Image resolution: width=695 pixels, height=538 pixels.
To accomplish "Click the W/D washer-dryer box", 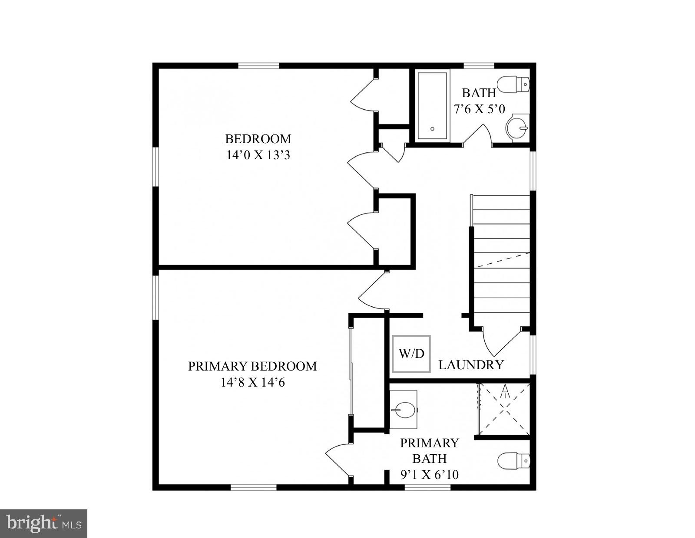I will coord(411,354).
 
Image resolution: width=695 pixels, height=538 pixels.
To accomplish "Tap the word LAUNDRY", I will coord(471,365).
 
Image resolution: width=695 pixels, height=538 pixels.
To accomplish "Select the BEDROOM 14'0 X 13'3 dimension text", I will coord(258,155).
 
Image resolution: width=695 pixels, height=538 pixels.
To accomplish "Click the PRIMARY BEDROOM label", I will coord(252,366).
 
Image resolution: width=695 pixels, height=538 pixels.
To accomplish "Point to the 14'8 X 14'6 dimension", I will coord(253,383).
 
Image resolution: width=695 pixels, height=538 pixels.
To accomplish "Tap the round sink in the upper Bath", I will coord(517,128).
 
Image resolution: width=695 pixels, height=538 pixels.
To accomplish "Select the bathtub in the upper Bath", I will coord(432,106).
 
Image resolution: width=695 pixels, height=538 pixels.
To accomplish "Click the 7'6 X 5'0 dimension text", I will coord(479,109).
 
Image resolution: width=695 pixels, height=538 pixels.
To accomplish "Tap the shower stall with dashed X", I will coord(504,409).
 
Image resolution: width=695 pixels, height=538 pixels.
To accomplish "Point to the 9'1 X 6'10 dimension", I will coord(429,475).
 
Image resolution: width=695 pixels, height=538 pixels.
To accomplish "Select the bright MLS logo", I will coord(44,523).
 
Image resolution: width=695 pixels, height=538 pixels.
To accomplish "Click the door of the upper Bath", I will coord(477,134).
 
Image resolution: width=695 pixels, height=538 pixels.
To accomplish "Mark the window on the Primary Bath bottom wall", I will coord(427,487).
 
